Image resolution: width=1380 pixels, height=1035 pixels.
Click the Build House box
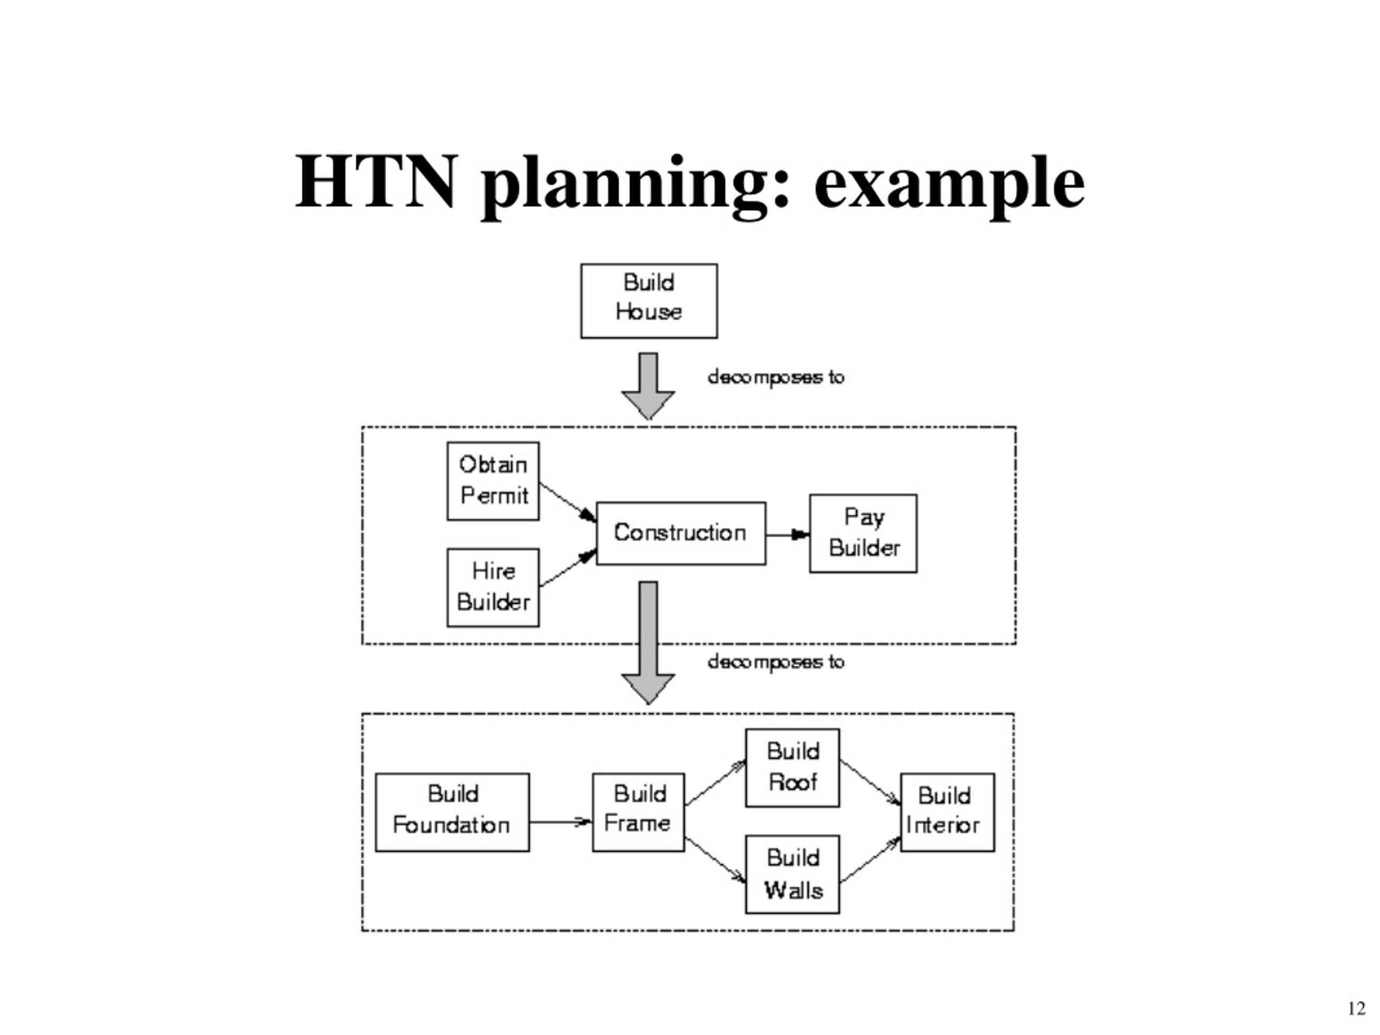649,301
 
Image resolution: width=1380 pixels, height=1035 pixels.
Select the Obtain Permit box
493,481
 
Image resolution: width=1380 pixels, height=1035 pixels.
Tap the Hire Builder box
493,587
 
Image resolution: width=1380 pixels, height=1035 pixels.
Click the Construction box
681,534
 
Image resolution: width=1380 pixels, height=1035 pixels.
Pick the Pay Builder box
863,534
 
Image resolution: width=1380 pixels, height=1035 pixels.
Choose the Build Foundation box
452,812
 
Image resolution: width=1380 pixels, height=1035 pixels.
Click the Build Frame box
638,812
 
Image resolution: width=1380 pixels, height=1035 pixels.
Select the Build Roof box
792,768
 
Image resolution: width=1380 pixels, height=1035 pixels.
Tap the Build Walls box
792,874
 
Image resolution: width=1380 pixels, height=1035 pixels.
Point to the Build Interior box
947,812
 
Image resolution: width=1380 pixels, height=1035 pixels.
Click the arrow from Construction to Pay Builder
788,535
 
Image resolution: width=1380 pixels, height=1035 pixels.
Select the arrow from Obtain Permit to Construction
568,501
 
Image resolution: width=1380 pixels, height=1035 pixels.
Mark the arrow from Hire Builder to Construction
568,568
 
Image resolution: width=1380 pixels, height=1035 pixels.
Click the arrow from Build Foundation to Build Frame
561,822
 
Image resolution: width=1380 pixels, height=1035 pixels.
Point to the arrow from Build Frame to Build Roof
715,783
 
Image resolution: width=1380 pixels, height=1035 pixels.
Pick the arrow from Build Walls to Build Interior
870,860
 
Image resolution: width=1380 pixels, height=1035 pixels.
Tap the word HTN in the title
376,182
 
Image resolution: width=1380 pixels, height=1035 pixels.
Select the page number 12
1357,1009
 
